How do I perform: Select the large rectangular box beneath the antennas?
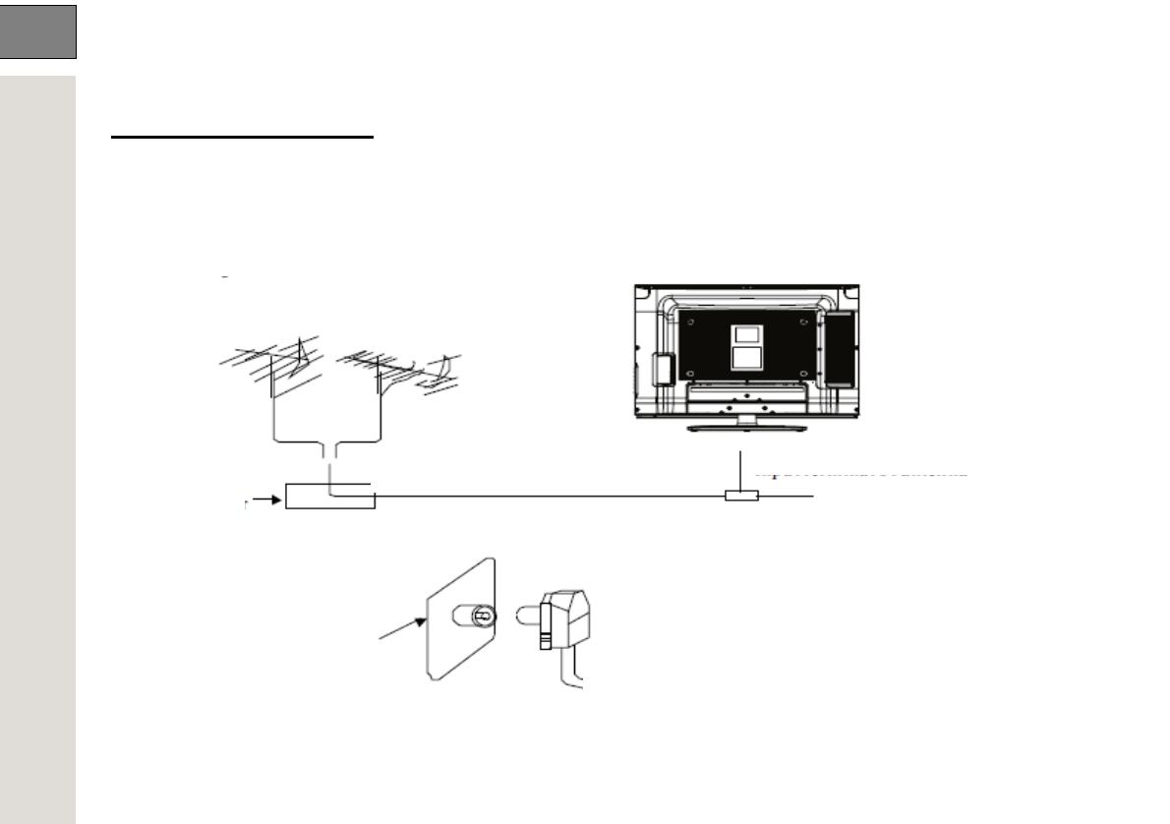coord(329,497)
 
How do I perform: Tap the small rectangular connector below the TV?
coord(740,497)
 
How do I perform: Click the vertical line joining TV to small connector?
coord(740,469)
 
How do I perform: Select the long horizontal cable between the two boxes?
coord(551,497)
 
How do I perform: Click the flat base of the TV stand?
coord(744,428)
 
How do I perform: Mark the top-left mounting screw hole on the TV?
coord(689,321)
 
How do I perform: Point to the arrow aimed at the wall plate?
coord(401,629)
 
